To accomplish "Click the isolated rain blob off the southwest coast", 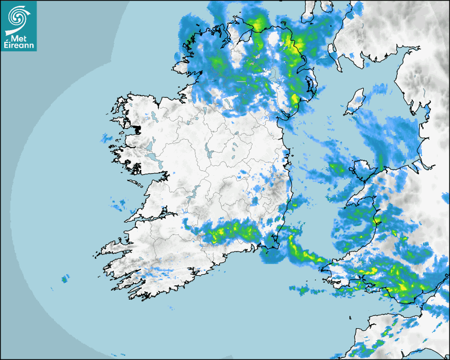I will tap(65, 278).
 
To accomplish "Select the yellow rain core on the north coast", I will tap(258, 24).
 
